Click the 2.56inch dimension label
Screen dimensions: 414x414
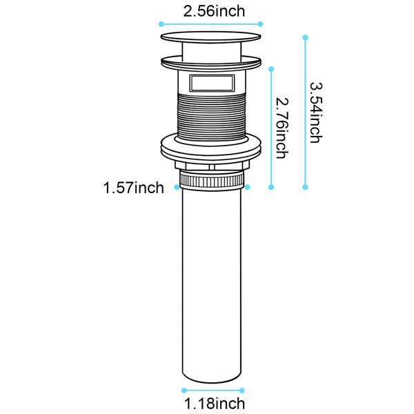(x=214, y=11)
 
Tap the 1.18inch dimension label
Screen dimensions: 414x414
(x=215, y=404)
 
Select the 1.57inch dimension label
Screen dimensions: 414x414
(x=133, y=188)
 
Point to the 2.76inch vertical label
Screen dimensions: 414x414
(x=282, y=128)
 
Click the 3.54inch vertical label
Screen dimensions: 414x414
(x=316, y=112)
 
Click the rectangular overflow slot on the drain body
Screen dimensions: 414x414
(x=212, y=83)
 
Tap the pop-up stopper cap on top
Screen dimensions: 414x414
(x=211, y=37)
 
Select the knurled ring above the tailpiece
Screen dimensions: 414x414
(x=212, y=180)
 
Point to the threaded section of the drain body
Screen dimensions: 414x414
(x=212, y=116)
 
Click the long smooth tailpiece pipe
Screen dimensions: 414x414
(x=212, y=282)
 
